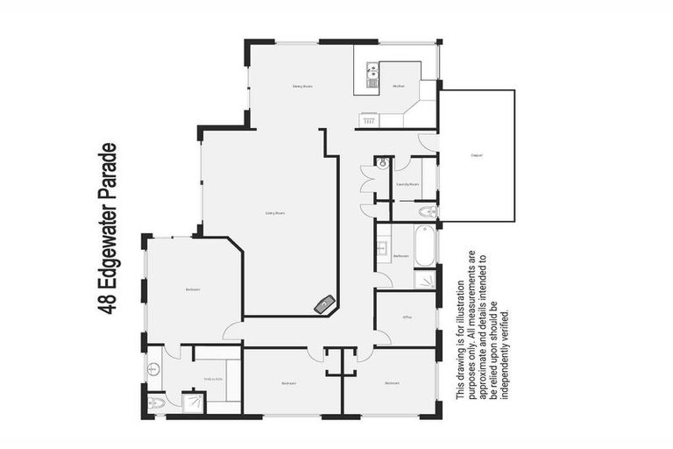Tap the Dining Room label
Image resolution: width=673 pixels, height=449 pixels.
point(302,86)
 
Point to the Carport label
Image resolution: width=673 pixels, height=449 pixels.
point(477,156)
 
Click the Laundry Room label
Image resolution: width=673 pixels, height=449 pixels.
point(407,185)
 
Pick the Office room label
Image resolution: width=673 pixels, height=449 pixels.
point(407,317)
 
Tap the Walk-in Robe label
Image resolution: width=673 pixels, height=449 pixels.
point(214,379)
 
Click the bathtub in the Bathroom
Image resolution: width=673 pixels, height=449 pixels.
point(424,246)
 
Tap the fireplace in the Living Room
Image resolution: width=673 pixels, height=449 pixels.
point(326,304)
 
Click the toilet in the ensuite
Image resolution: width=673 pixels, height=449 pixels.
point(156,403)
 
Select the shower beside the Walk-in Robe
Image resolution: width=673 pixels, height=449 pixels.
point(192,402)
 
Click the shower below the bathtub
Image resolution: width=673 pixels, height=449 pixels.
point(425,279)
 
